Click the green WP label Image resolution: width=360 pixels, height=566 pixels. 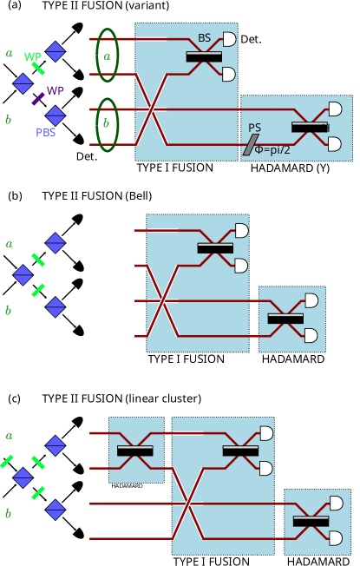point(33,57)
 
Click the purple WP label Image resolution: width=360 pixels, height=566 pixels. point(56,90)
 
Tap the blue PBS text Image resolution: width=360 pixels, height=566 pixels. point(46,133)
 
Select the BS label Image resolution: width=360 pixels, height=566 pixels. point(204,38)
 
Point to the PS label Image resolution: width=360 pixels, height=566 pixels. point(254,128)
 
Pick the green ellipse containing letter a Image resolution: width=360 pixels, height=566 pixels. point(107,56)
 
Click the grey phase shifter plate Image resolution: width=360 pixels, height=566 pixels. point(251,145)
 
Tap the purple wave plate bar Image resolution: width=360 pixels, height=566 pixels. point(38,99)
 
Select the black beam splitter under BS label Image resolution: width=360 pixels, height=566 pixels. point(204,56)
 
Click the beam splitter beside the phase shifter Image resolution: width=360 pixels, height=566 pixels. point(310,127)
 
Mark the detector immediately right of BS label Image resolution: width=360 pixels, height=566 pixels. point(229,39)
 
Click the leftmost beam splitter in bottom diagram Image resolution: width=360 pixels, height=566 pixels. point(135,451)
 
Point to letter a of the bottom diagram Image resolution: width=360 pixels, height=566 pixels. point(10,436)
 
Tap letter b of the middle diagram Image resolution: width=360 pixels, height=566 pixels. point(9,311)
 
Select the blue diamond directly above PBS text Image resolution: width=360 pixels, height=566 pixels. point(56,115)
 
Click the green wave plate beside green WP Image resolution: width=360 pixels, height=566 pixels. point(38,68)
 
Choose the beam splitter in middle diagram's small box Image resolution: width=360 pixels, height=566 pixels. point(285,319)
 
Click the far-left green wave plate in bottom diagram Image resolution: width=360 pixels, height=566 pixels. point(7,462)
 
